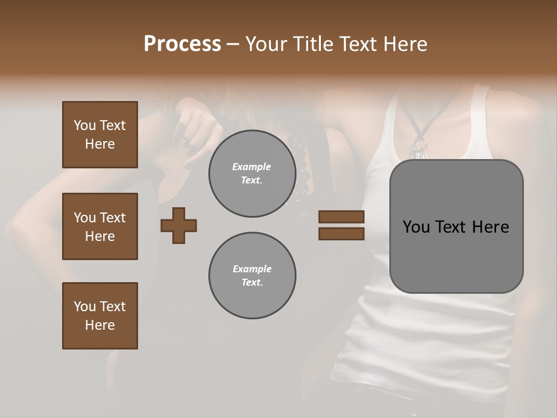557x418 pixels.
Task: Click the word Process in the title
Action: [182, 44]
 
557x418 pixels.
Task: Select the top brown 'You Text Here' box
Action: [100, 135]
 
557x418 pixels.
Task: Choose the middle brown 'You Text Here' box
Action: [100, 226]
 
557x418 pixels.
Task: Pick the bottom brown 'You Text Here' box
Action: [100, 316]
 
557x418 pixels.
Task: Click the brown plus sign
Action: [179, 225]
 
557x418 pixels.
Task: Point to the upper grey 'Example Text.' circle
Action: [252, 174]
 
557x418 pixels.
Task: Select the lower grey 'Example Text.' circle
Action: [252, 276]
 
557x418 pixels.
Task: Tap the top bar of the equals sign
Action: [341, 217]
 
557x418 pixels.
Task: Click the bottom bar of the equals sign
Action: [341, 233]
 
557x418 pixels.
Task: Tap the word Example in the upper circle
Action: [252, 167]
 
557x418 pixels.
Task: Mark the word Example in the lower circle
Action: [252, 269]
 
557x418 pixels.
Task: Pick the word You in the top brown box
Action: [85, 125]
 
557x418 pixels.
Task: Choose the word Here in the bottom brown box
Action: [100, 325]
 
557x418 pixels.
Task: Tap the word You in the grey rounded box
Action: [415, 227]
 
